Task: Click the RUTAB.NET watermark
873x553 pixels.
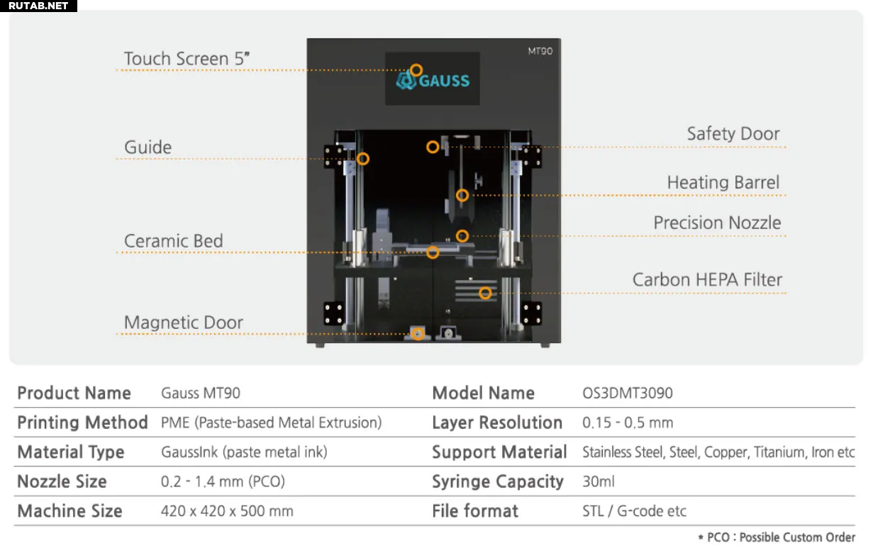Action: pos(38,6)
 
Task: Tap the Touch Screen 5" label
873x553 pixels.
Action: pos(187,59)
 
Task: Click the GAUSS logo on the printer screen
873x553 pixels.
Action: pos(433,81)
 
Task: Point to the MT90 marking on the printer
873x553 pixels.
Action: pos(540,51)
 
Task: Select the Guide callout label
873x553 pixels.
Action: pos(148,147)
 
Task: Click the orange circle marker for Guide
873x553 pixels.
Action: pos(363,159)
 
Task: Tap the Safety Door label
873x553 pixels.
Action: pos(733,134)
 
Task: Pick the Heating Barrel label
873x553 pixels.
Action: pos(723,182)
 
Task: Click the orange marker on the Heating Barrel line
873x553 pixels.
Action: pos(462,195)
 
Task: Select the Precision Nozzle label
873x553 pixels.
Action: pos(718,223)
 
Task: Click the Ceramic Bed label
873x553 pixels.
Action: pos(174,241)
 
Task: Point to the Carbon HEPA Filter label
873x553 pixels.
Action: pos(707,280)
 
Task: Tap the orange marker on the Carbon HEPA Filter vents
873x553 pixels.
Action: pos(485,293)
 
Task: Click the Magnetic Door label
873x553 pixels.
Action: pos(184,323)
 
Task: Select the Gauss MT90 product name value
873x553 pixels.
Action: pos(201,393)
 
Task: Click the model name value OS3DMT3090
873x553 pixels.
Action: pos(628,393)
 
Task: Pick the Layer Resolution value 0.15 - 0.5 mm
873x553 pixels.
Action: pos(628,423)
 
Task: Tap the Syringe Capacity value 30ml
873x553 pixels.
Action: pos(599,481)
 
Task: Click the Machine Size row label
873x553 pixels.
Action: pos(69,511)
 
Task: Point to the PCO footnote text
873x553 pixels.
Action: pos(777,537)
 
